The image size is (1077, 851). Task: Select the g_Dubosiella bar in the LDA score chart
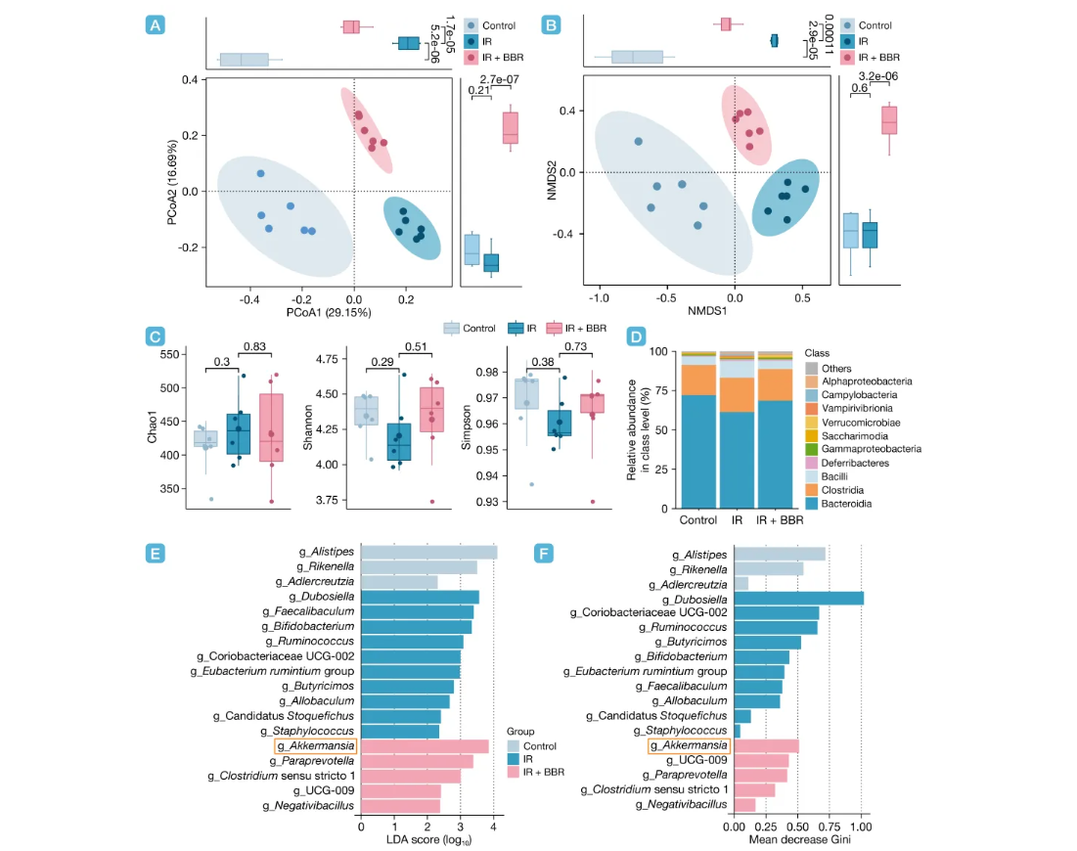tap(421, 597)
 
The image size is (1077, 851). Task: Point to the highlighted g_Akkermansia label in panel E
tap(315, 745)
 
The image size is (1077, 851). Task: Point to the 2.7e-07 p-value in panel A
tap(499, 78)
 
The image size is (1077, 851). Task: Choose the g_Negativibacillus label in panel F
tap(682, 804)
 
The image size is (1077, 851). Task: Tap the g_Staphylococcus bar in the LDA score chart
tap(400, 731)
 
